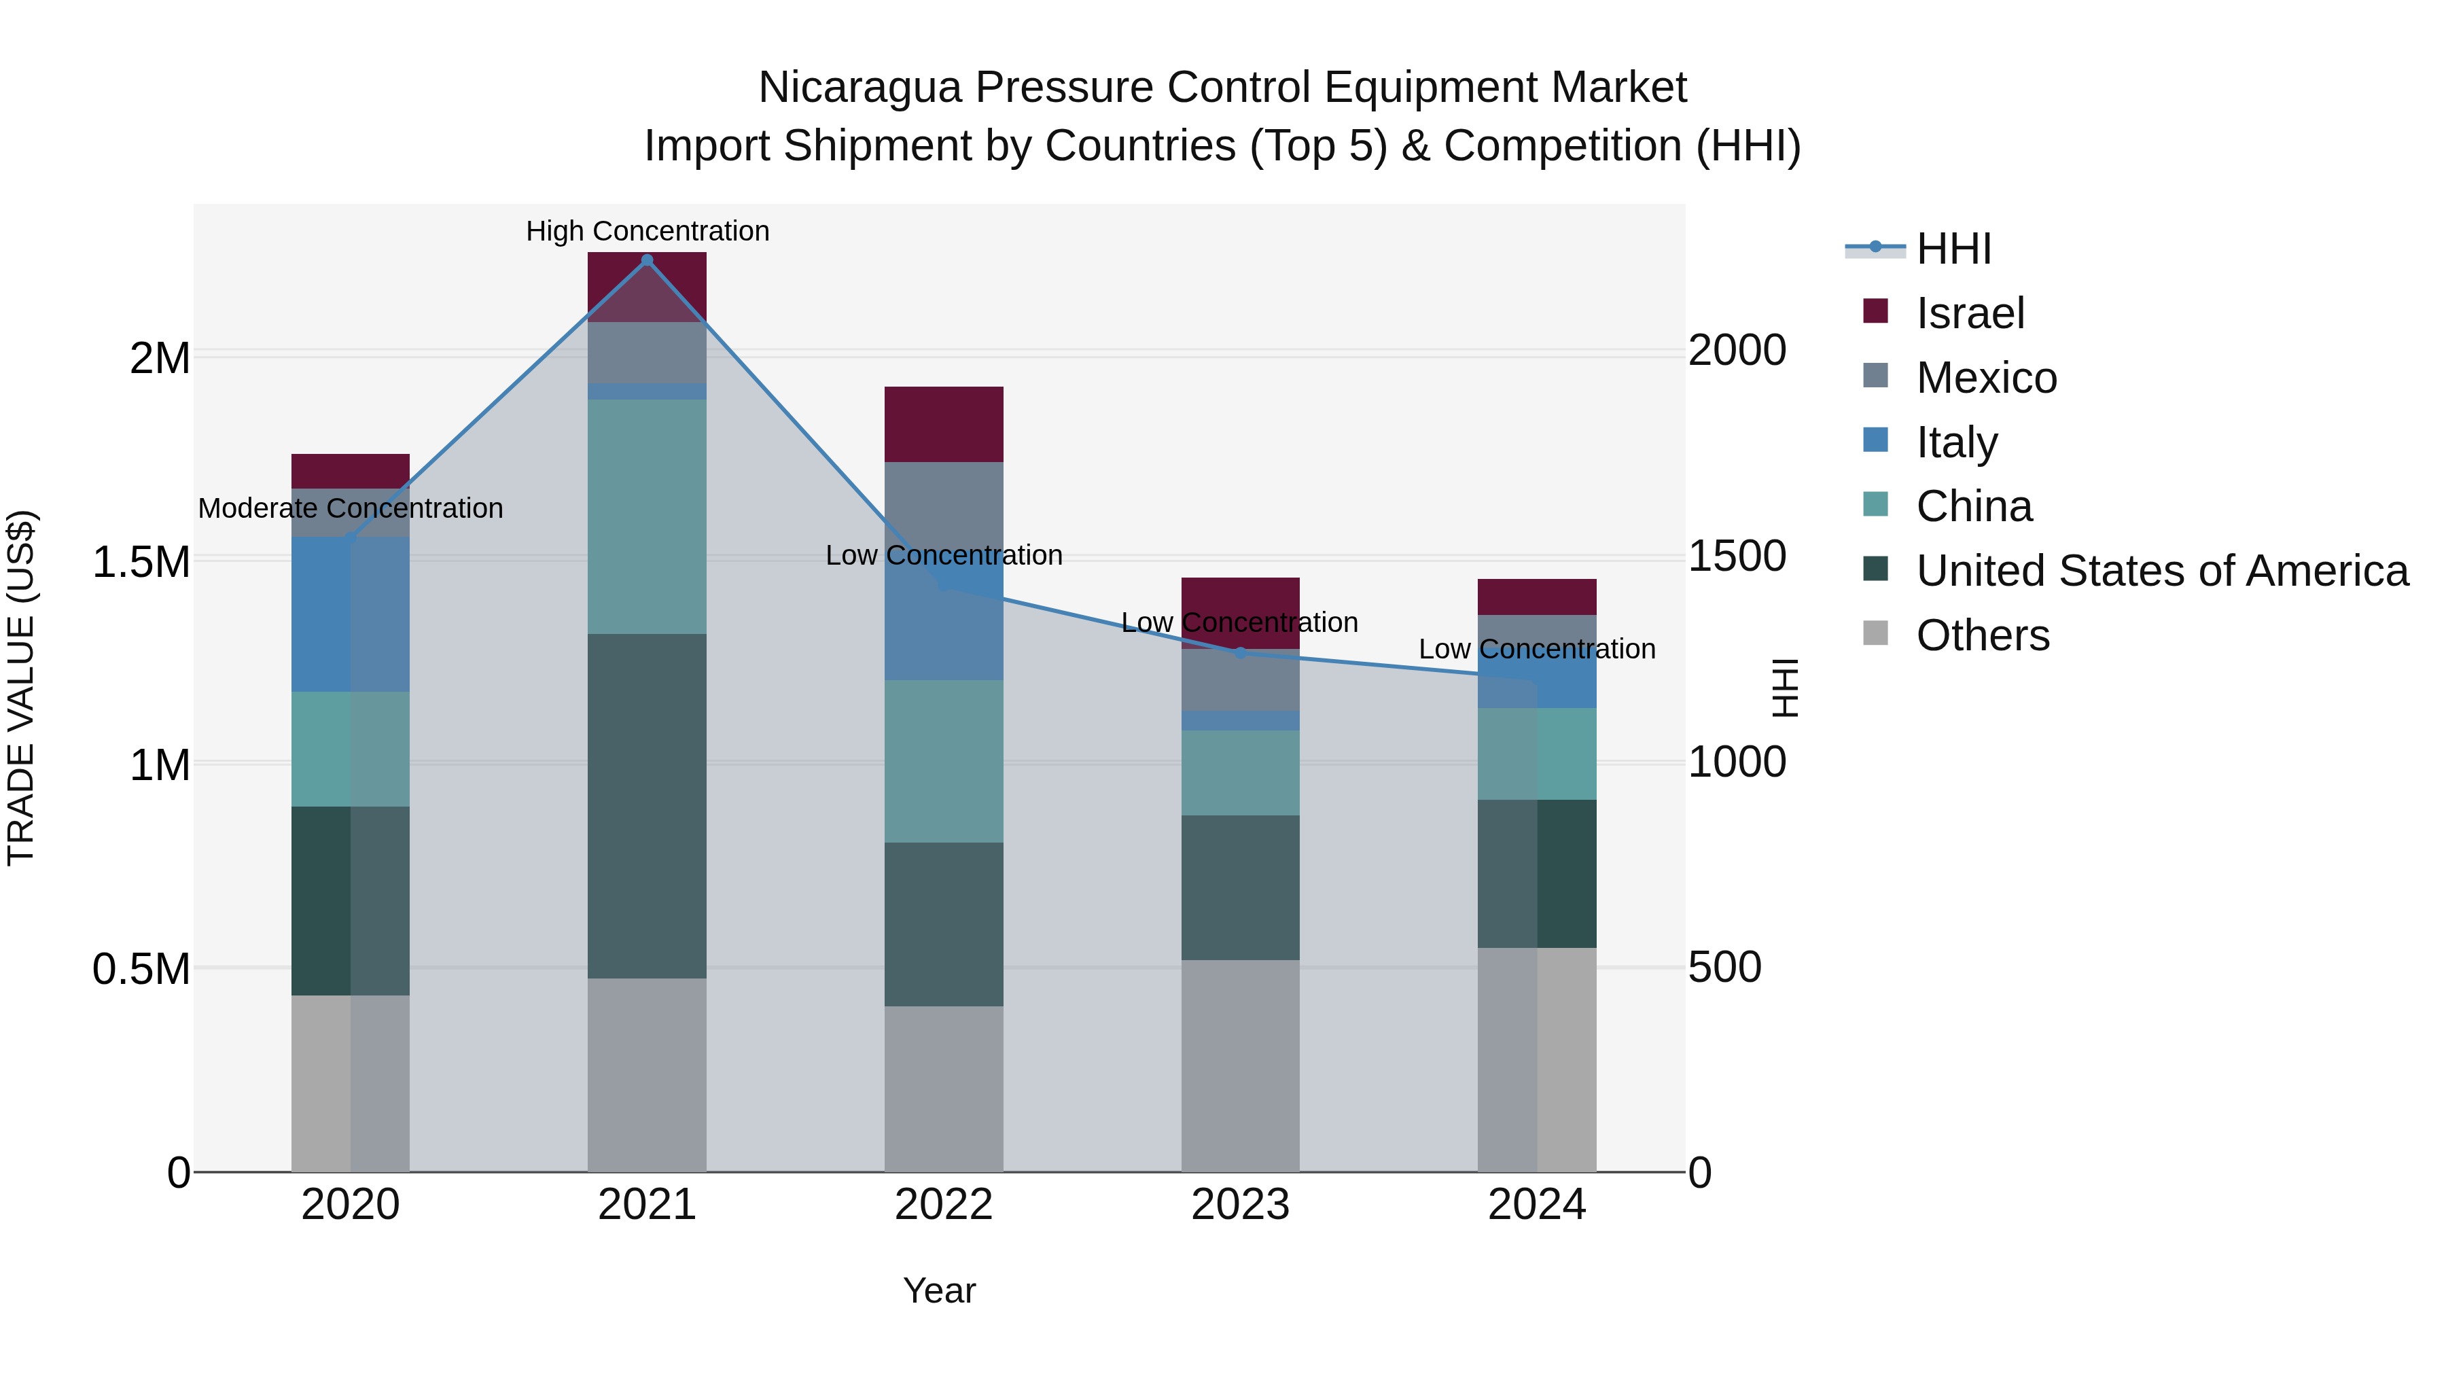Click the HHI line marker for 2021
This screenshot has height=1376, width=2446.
point(647,260)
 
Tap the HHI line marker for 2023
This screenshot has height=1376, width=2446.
point(1240,652)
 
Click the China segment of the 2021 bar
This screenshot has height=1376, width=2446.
point(647,516)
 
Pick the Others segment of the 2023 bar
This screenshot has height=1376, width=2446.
point(1240,1065)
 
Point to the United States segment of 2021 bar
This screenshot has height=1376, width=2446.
point(647,805)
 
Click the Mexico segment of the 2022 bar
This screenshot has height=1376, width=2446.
point(944,504)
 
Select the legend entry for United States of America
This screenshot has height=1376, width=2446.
point(2162,571)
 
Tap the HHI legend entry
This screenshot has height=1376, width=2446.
point(1953,249)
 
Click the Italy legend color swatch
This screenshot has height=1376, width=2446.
point(1875,440)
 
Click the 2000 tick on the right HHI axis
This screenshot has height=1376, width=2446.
point(1737,351)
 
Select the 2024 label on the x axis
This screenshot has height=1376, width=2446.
point(1536,1205)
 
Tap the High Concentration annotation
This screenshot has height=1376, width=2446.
point(648,231)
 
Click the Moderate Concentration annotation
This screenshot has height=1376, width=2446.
point(351,508)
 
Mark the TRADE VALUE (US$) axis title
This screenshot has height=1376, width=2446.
point(21,688)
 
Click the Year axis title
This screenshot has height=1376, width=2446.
point(939,1290)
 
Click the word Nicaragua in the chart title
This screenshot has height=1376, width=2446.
point(859,88)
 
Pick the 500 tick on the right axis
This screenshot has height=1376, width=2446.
point(1725,967)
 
